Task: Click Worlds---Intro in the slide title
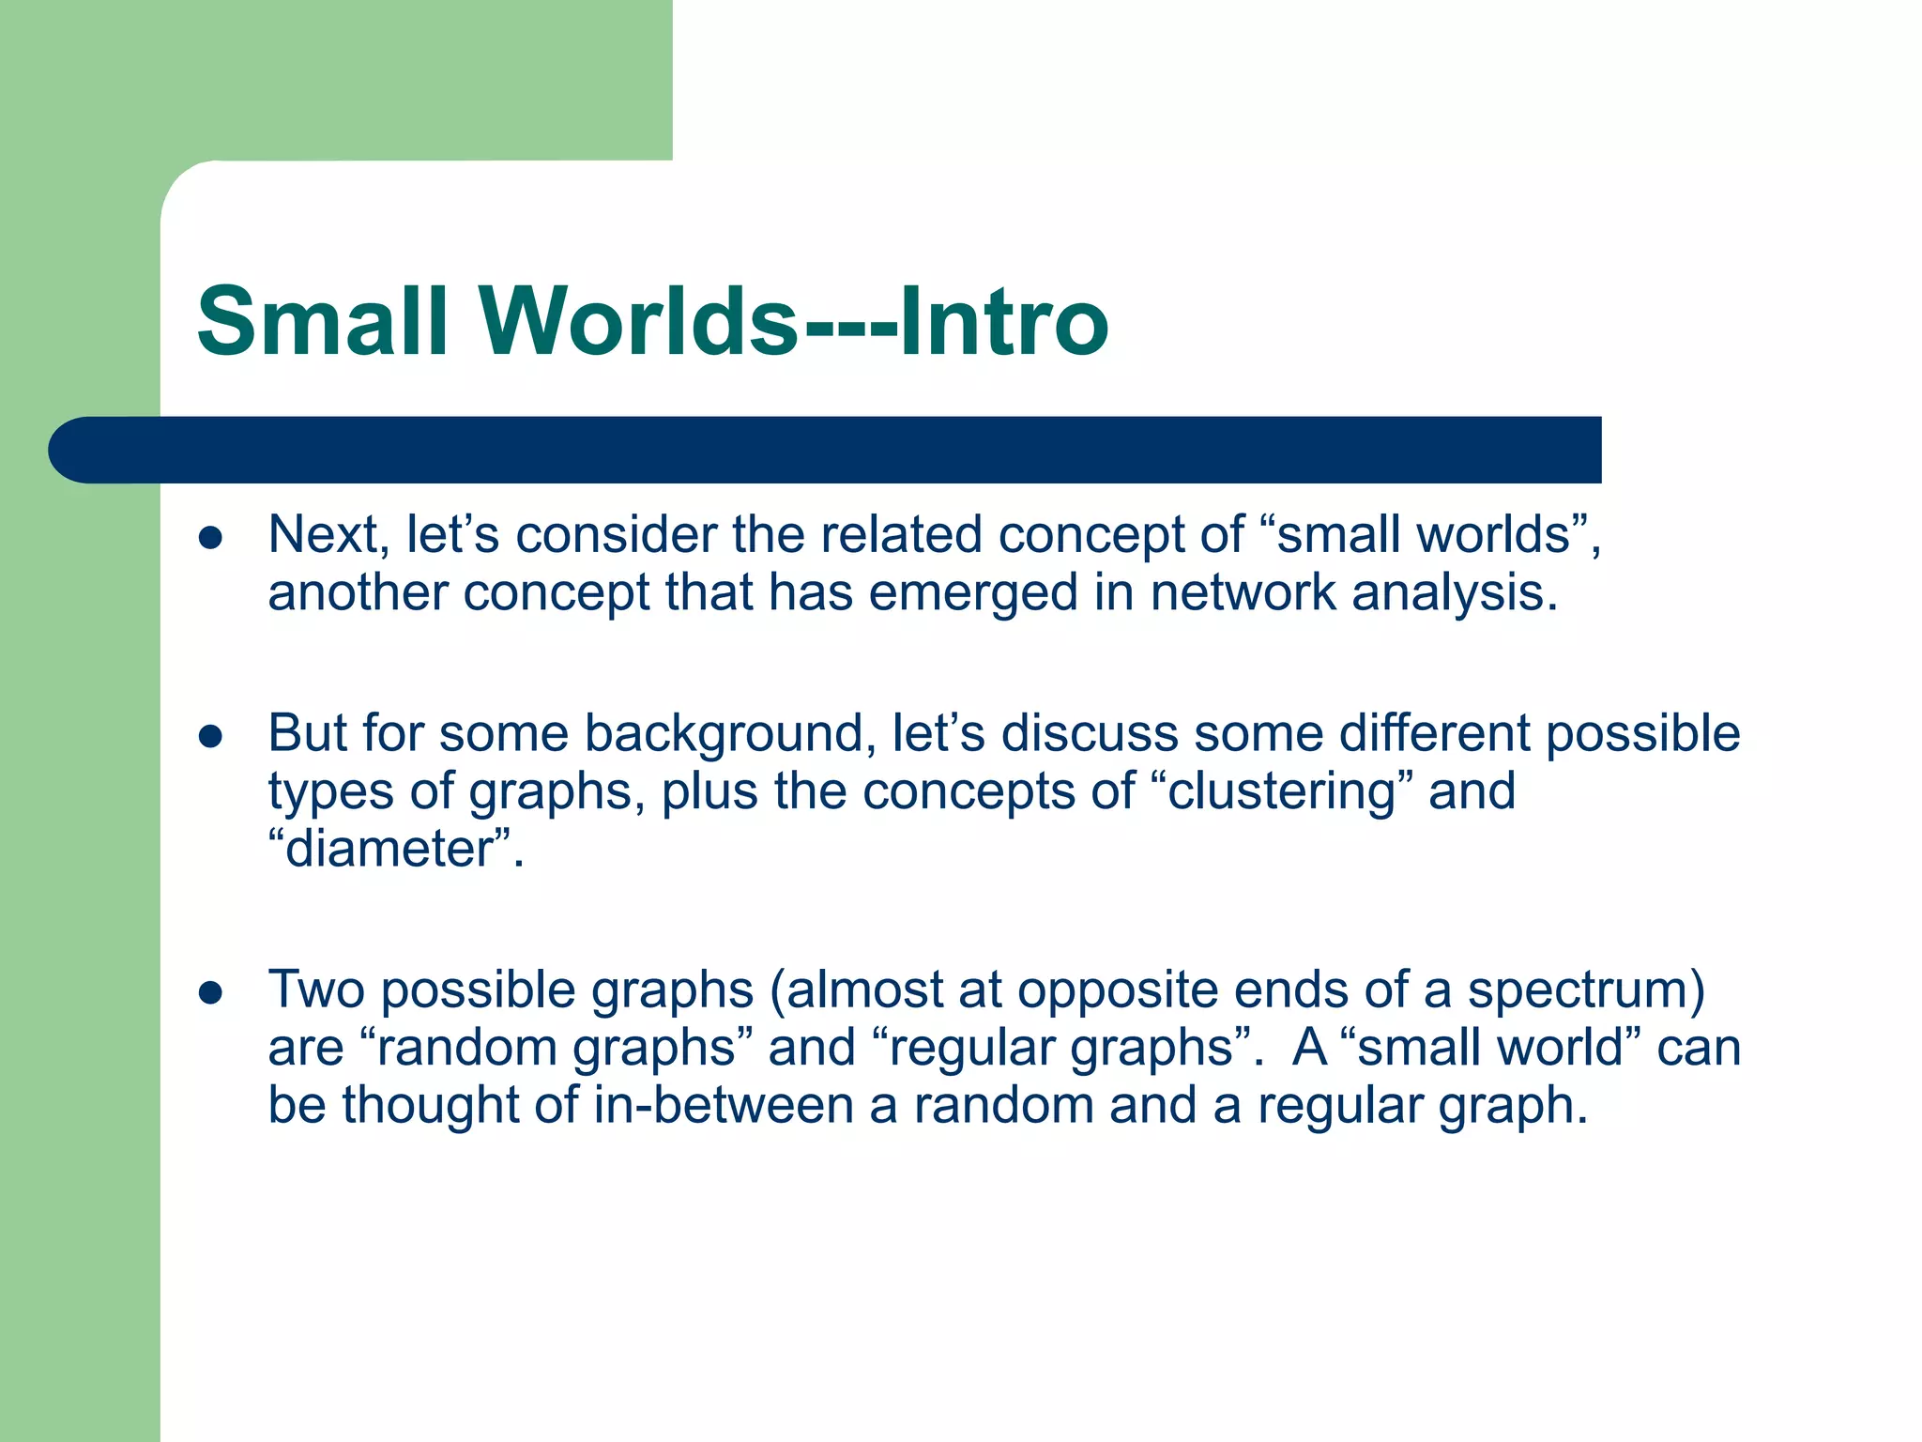796,322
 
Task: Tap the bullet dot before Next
210,538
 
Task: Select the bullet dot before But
210,737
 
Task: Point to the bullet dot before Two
210,993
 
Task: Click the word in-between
723,1105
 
